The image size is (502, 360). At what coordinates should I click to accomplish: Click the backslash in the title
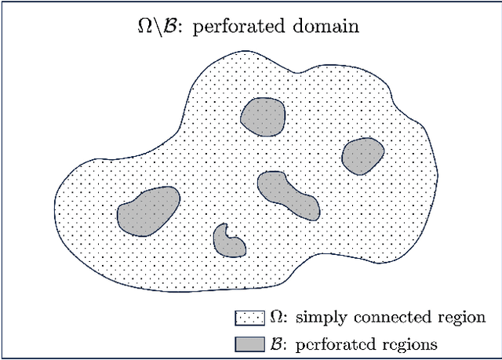(157, 26)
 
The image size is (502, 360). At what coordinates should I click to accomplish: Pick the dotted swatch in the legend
(249, 318)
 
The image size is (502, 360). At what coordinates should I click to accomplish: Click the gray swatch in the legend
(249, 343)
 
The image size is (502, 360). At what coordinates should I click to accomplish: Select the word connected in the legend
(382, 318)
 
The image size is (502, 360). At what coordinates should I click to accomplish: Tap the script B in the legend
(275, 343)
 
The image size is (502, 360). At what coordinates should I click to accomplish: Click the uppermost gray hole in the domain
(261, 118)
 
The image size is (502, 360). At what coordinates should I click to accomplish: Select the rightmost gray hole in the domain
(362, 155)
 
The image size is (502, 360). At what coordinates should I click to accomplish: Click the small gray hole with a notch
(230, 242)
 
